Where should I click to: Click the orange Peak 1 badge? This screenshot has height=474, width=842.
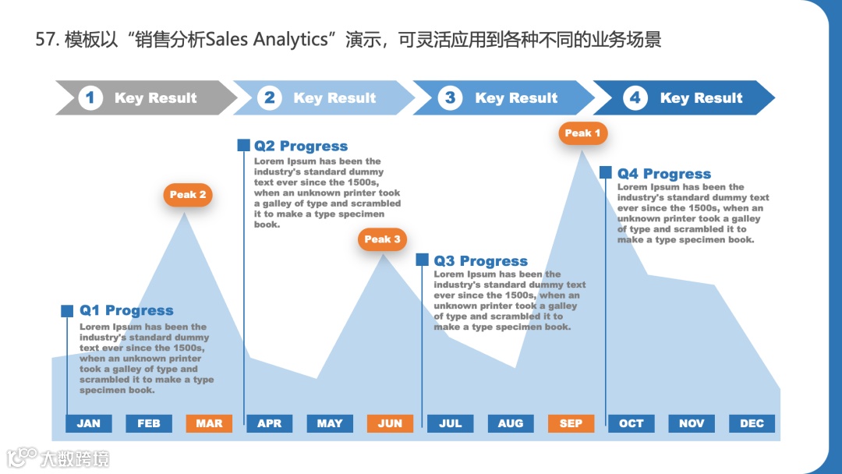pyautogui.click(x=582, y=133)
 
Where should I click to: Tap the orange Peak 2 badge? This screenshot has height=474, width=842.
pyautogui.click(x=188, y=195)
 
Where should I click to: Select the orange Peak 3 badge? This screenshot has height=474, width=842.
pyautogui.click(x=382, y=239)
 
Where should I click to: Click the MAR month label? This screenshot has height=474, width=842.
pyautogui.click(x=209, y=423)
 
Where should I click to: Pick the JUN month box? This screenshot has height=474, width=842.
pyautogui.click(x=390, y=423)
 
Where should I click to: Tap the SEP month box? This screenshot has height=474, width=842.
pyautogui.click(x=571, y=423)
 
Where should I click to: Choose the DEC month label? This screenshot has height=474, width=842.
pyautogui.click(x=752, y=423)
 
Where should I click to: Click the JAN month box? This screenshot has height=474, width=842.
pyautogui.click(x=89, y=423)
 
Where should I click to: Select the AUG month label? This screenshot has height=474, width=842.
pyautogui.click(x=511, y=423)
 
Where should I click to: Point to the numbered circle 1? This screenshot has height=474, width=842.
pyautogui.click(x=90, y=98)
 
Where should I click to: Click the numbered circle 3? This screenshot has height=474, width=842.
pyautogui.click(x=450, y=98)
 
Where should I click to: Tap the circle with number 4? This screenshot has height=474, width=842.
pyautogui.click(x=635, y=98)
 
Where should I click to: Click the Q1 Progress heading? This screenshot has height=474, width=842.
pyautogui.click(x=126, y=311)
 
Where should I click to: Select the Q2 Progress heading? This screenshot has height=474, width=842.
pyautogui.click(x=301, y=147)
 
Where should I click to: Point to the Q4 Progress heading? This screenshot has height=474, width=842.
pyautogui.click(x=664, y=175)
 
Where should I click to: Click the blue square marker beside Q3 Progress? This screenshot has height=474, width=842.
pyautogui.click(x=422, y=260)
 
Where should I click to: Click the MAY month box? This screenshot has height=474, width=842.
pyautogui.click(x=330, y=423)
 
